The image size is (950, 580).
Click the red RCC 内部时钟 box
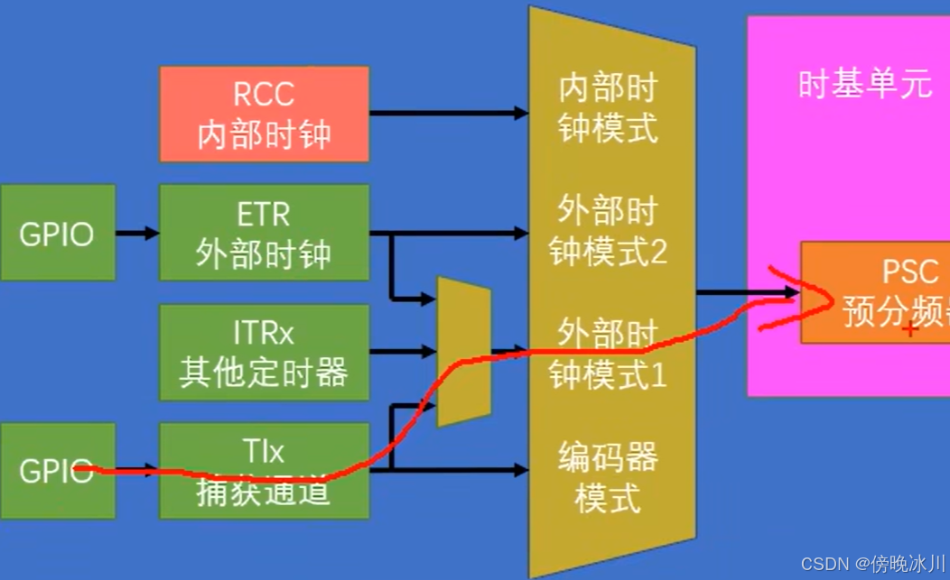(264, 114)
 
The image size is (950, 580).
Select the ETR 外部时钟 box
(264, 233)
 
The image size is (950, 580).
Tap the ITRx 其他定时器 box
(264, 352)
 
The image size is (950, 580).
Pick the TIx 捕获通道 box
(264, 470)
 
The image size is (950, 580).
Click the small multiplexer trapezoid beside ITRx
(463, 352)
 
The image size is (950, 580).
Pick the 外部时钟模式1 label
(608, 352)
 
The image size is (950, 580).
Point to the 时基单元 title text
(864, 84)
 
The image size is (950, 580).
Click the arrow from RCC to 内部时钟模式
(447, 114)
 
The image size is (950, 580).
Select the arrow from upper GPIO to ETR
(137, 233)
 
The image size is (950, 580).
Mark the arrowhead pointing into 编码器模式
(521, 470)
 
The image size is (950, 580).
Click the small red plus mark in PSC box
(910, 329)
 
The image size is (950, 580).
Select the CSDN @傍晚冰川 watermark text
(872, 564)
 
